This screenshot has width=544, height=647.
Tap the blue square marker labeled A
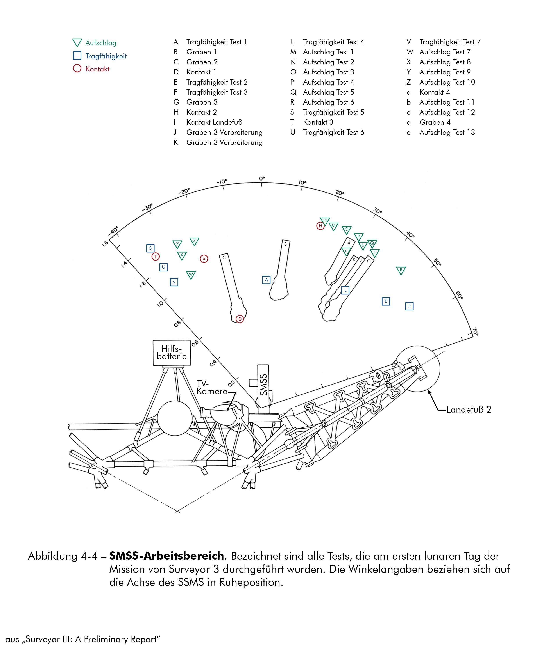coord(266,280)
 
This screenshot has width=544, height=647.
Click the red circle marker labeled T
coord(156,257)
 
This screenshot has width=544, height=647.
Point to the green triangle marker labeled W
coord(191,274)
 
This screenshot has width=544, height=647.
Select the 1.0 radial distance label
coord(160,304)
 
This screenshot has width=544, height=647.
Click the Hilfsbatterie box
coord(172,353)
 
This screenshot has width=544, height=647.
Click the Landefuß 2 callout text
coord(469,409)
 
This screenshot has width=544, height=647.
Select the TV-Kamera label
coord(211,388)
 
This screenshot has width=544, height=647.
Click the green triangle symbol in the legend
coord(77,43)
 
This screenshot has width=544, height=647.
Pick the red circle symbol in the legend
coord(77,68)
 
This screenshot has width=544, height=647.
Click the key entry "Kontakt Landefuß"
coord(214,122)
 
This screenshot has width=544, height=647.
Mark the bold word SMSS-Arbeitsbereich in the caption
coord(166,556)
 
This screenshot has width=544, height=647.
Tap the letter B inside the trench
coord(285,244)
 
